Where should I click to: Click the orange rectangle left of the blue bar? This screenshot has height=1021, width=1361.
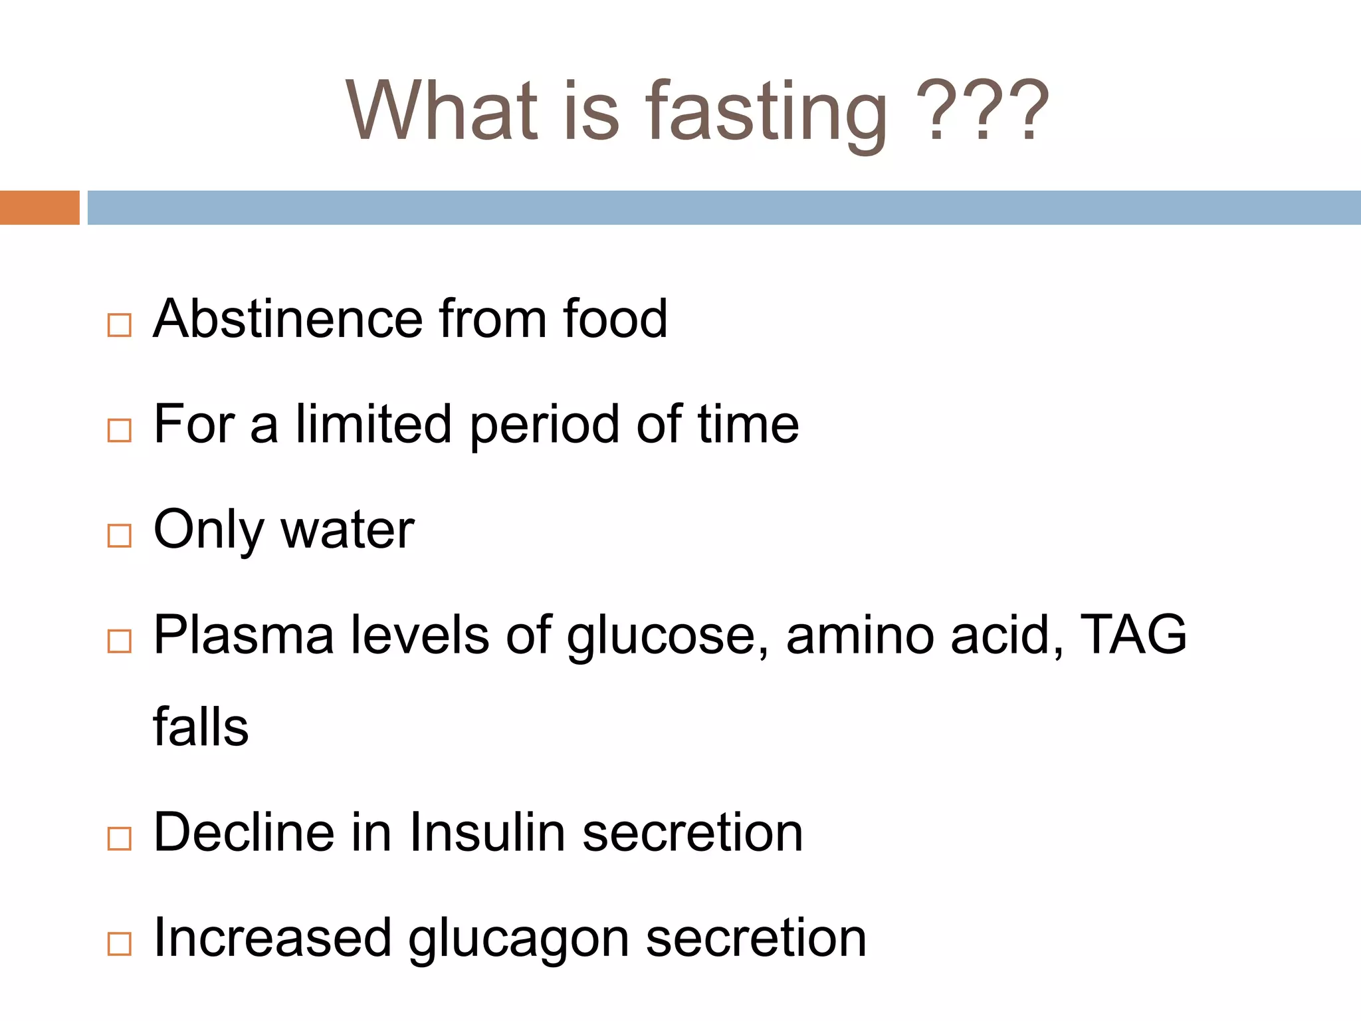click(x=39, y=207)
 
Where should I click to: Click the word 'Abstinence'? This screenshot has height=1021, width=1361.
click(x=287, y=318)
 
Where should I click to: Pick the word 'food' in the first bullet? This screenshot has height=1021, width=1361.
click(x=615, y=318)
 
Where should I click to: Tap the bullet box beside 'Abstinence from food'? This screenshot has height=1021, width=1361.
click(x=120, y=325)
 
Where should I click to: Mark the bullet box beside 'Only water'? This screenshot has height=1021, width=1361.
click(x=120, y=535)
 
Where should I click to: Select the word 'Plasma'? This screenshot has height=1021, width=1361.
click(x=243, y=635)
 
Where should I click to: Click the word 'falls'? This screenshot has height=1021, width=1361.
click(x=201, y=727)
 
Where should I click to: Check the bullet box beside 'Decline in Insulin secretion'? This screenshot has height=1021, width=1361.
click(x=120, y=838)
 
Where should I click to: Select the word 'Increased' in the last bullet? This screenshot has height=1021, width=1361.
click(x=272, y=937)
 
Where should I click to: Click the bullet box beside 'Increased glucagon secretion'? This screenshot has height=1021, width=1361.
click(x=120, y=943)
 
